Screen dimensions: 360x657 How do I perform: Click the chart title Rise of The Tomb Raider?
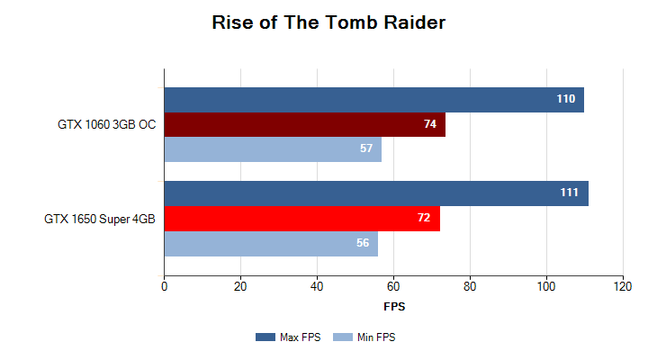(328, 22)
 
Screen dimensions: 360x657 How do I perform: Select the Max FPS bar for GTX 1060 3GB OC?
(373, 100)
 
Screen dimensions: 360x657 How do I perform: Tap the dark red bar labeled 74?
(304, 124)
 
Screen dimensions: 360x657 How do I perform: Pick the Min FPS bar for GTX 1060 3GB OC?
(273, 148)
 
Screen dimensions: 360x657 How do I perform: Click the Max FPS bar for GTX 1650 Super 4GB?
(375, 193)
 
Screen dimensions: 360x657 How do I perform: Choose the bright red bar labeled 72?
(301, 219)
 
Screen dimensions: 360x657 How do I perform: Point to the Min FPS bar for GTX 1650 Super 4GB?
(271, 243)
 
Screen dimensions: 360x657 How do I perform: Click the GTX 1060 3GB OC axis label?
(107, 124)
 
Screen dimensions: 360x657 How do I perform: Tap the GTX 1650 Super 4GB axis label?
(100, 219)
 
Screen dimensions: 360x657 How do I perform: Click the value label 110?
(565, 100)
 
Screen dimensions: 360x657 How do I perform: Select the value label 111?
(569, 193)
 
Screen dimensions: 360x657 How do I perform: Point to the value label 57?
(366, 148)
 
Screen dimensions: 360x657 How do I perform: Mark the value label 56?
(363, 243)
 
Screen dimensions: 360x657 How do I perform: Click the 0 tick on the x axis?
(164, 287)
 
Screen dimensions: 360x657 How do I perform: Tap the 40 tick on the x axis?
(317, 287)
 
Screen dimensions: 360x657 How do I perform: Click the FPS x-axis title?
(394, 307)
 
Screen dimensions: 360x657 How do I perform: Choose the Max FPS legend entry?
(288, 337)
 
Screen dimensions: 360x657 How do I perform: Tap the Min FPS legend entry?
(364, 337)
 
